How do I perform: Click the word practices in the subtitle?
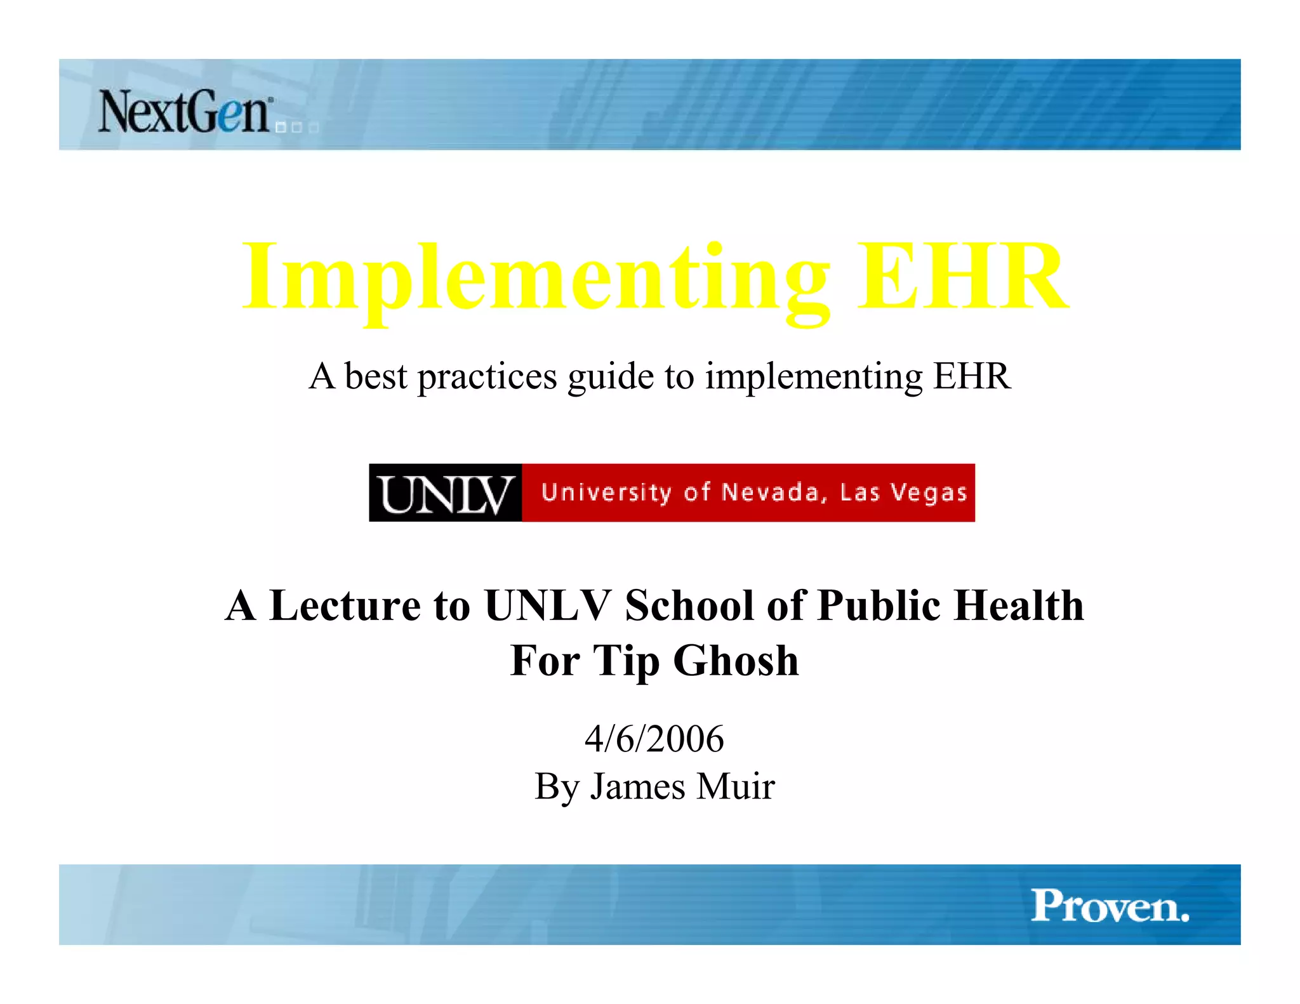(x=487, y=377)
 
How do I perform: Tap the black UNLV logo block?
(x=446, y=493)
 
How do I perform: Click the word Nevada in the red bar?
(x=771, y=492)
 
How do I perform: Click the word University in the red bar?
(x=607, y=493)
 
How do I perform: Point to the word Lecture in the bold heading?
(x=345, y=605)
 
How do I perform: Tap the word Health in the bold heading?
(x=1019, y=605)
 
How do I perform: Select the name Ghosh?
(x=736, y=661)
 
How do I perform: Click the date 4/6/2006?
(x=654, y=739)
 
